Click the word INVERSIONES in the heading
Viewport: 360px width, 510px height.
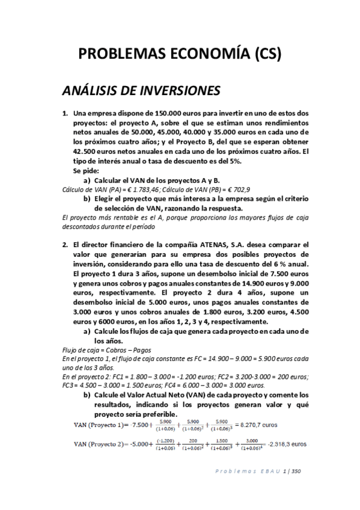178,91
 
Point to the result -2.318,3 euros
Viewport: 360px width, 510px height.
284,444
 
